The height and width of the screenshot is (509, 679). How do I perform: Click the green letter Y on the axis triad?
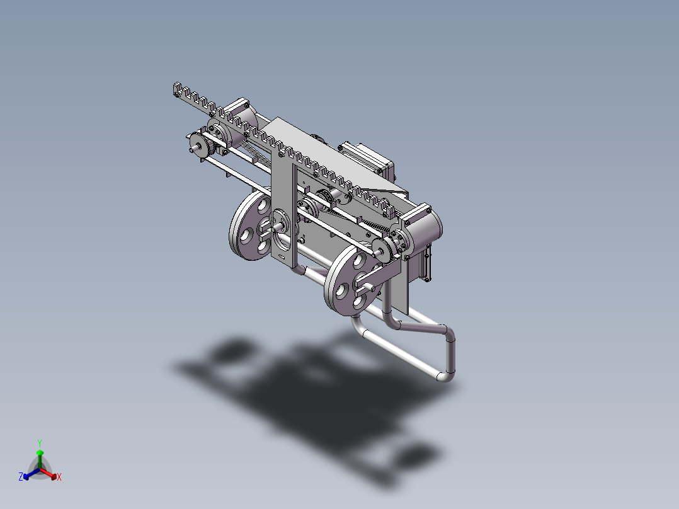pos(40,443)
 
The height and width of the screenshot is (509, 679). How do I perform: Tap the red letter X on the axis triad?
pos(59,478)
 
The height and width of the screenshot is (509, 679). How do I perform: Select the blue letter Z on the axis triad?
pos(21,477)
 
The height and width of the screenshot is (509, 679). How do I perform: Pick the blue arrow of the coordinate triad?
pos(29,474)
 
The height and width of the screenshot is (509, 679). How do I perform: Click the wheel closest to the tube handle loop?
pos(348,281)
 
